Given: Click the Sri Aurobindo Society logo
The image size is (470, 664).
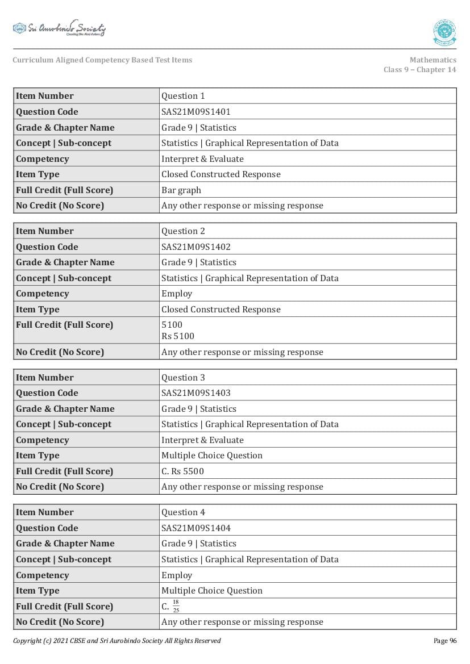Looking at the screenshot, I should tap(59, 28).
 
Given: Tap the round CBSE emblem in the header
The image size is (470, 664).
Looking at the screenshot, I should tap(444, 32).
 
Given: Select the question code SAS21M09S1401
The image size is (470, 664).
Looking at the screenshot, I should tap(196, 112).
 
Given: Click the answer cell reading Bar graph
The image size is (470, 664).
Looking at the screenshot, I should tap(181, 190).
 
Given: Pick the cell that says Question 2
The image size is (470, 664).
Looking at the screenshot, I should tap(183, 231).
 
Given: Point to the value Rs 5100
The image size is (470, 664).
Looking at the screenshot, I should tap(178, 336).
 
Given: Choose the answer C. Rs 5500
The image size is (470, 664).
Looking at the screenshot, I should tap(182, 471).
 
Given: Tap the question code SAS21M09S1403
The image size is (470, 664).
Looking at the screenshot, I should tap(196, 393).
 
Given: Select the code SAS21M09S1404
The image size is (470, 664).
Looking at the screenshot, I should tap(196, 528).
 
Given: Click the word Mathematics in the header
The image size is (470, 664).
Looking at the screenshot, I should tap(432, 60).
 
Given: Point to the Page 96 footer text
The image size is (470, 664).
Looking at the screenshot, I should tap(444, 641).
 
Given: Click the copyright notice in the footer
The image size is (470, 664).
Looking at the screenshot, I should tap(117, 641).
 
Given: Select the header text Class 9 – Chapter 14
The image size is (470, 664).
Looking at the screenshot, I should tap(419, 70).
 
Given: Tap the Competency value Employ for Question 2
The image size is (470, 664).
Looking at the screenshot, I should tap(177, 294).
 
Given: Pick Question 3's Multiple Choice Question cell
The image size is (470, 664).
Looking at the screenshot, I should tap(212, 456).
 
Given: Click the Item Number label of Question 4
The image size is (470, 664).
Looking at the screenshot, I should tap(45, 512).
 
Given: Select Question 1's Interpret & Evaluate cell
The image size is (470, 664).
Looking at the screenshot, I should tap(202, 159).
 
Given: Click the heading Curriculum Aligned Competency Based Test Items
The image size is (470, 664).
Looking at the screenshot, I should tap(102, 60).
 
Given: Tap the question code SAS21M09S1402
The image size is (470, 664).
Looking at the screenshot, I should tap(196, 247).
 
